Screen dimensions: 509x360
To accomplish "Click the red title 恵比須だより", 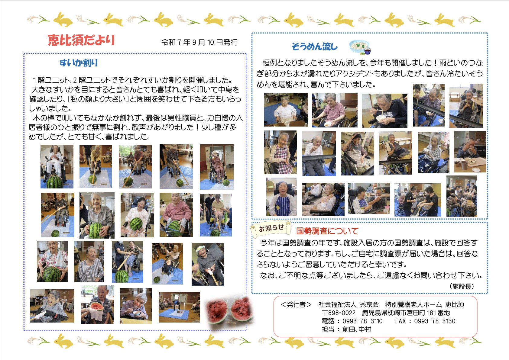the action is (81, 40).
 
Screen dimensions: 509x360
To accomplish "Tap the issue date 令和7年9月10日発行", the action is (199, 42).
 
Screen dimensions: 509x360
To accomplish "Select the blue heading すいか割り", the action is (78, 63).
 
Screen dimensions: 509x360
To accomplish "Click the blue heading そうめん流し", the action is (314, 47).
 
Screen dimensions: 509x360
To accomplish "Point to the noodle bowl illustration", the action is (360, 47).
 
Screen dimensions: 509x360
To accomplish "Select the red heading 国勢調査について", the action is (327, 231).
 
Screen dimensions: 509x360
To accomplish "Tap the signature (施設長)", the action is (462, 286).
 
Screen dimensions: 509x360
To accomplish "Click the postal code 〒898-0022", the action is (339, 313).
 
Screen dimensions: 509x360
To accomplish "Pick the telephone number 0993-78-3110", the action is (362, 321).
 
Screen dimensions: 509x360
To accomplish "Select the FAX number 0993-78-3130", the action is (435, 321).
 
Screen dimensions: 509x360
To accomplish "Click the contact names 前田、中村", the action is (357, 329).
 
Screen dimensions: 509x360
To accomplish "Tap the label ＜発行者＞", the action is (296, 305).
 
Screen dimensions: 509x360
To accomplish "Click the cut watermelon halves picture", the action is (229, 310).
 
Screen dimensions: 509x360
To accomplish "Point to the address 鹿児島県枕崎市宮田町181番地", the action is (406, 313).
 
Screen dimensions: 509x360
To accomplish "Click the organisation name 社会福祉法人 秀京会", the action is (349, 305).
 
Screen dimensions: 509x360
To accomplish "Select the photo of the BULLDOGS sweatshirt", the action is (384, 111).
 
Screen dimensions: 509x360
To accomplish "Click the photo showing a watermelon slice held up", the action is (97, 305).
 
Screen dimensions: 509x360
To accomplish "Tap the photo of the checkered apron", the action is (280, 152).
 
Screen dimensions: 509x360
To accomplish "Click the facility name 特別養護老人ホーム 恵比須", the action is (424, 305).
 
